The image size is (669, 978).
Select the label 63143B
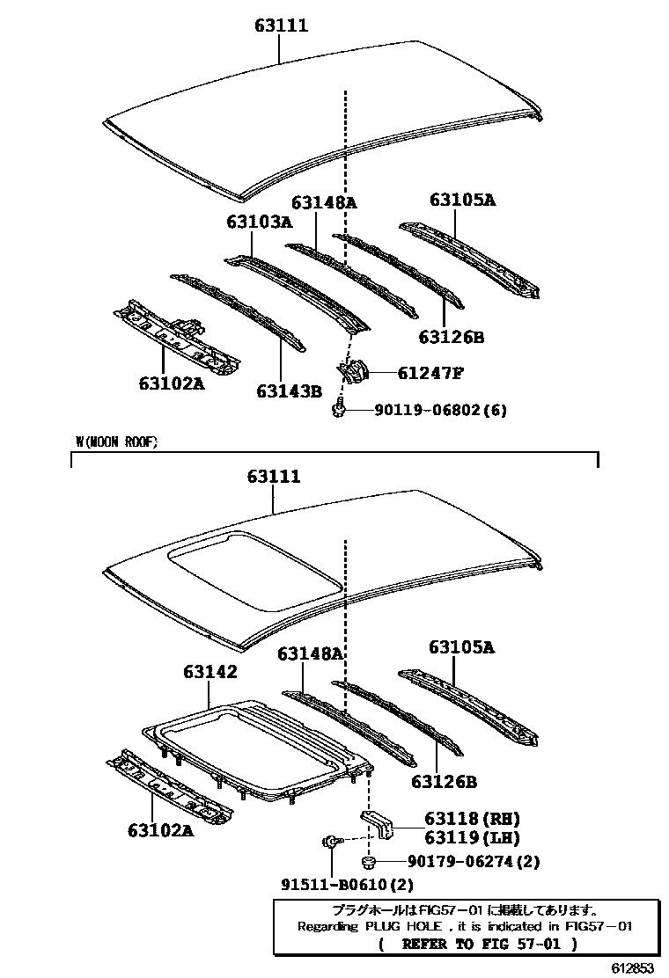tap(289, 390)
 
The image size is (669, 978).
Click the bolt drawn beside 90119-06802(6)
tap(339, 408)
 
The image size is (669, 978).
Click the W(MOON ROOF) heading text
tap(117, 442)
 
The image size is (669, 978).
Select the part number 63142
tap(210, 671)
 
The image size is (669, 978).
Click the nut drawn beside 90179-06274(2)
tap(370, 860)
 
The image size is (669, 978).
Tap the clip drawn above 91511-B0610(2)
tap(329, 843)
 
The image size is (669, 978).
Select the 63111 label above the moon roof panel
tap(274, 477)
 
